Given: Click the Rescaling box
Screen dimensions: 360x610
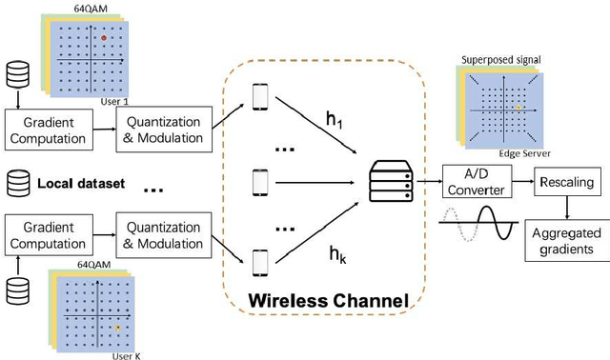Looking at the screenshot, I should click(x=562, y=181).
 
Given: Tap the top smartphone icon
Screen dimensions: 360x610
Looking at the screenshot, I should click(x=260, y=96).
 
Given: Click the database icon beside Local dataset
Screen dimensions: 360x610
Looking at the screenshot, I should click(x=17, y=181).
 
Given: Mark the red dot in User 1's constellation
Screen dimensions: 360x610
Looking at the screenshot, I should click(x=105, y=37).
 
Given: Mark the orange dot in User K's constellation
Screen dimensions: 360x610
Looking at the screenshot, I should click(x=117, y=327).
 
